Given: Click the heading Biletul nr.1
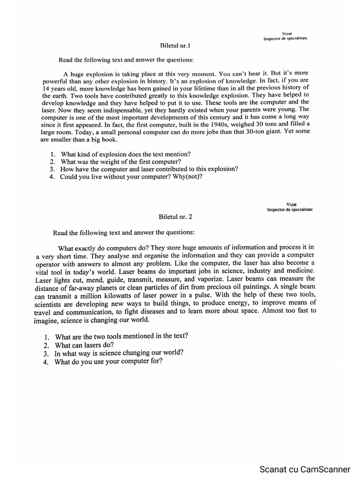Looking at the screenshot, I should [x=175, y=46].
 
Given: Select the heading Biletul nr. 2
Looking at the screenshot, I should [x=176, y=217].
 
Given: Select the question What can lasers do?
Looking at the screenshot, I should [x=84, y=345].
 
